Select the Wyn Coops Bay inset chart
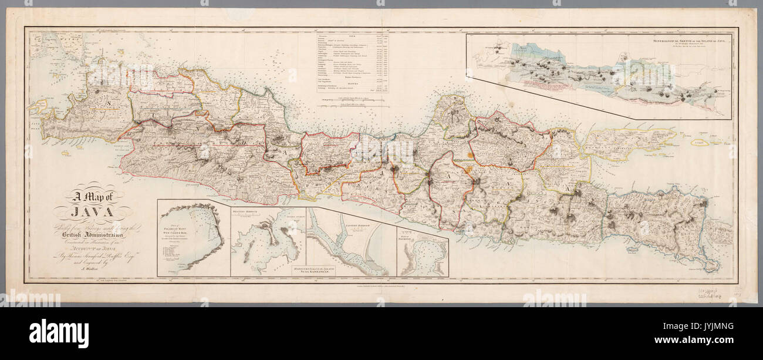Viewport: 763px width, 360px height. (193, 238)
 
